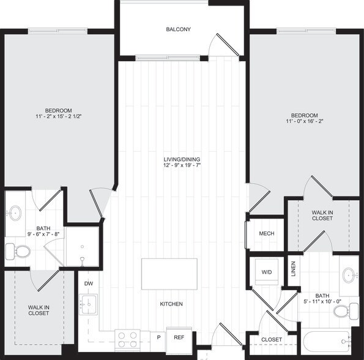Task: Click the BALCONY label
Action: coord(179,29)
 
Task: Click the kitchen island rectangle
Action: coord(169,274)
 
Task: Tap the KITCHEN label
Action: coord(171,304)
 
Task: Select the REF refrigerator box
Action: coord(179,337)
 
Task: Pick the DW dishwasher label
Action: coord(89,283)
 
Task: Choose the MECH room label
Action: coord(266,233)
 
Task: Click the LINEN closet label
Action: coord(293,269)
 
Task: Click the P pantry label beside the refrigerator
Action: coord(158,337)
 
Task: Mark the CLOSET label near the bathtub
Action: coord(272,340)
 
